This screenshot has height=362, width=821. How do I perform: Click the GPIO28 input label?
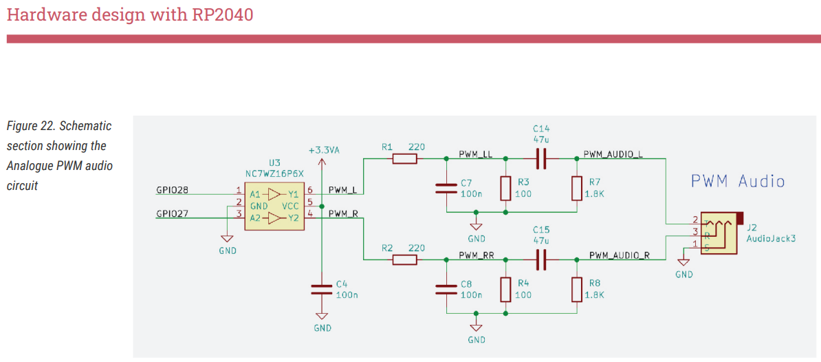pos(173,189)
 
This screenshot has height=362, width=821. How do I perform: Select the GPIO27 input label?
pos(173,214)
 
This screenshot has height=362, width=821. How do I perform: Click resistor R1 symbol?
pos(404,159)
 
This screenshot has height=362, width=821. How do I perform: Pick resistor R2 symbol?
pos(404,259)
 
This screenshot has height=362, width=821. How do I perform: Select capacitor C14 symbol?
pos(540,159)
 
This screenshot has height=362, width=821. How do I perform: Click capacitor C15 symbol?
pos(540,259)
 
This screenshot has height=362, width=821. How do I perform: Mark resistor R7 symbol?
pos(576,188)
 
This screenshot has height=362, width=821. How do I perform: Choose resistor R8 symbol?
pos(576,289)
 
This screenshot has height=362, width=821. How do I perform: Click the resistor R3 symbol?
pos(505,188)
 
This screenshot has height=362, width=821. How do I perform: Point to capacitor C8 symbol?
pos(446,289)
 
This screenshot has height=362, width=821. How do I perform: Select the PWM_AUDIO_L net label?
pos(613,153)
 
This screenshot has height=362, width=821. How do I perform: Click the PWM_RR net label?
pos(476,255)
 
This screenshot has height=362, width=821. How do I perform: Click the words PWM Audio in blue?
pos(737,182)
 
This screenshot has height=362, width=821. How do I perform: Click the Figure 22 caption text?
pos(59,156)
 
